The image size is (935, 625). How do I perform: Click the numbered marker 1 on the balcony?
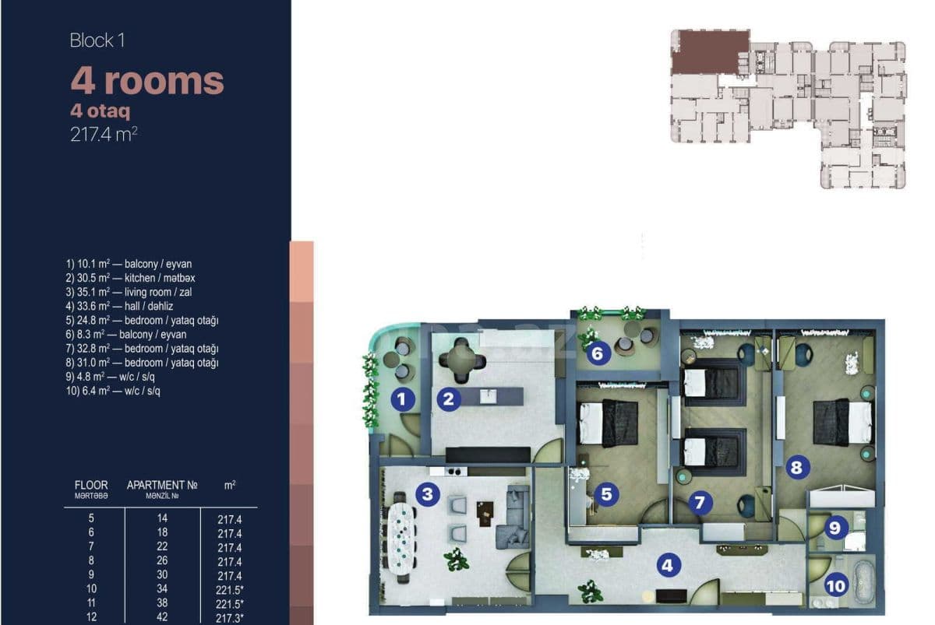coord(401,400)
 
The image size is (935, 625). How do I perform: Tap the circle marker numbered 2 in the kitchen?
coord(447,400)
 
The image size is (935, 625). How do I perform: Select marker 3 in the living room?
coord(426,493)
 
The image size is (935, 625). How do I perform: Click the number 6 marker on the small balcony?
coord(598,354)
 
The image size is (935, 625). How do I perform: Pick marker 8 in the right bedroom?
coord(796,467)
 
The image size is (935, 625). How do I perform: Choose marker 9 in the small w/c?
coord(834,528)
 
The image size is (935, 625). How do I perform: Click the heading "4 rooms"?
coord(147,80)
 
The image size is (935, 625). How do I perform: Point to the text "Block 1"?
coord(97,40)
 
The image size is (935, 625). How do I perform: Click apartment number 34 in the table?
coord(162,589)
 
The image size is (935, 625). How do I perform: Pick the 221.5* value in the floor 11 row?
coord(230,603)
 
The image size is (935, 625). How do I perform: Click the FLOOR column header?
coord(91,485)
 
